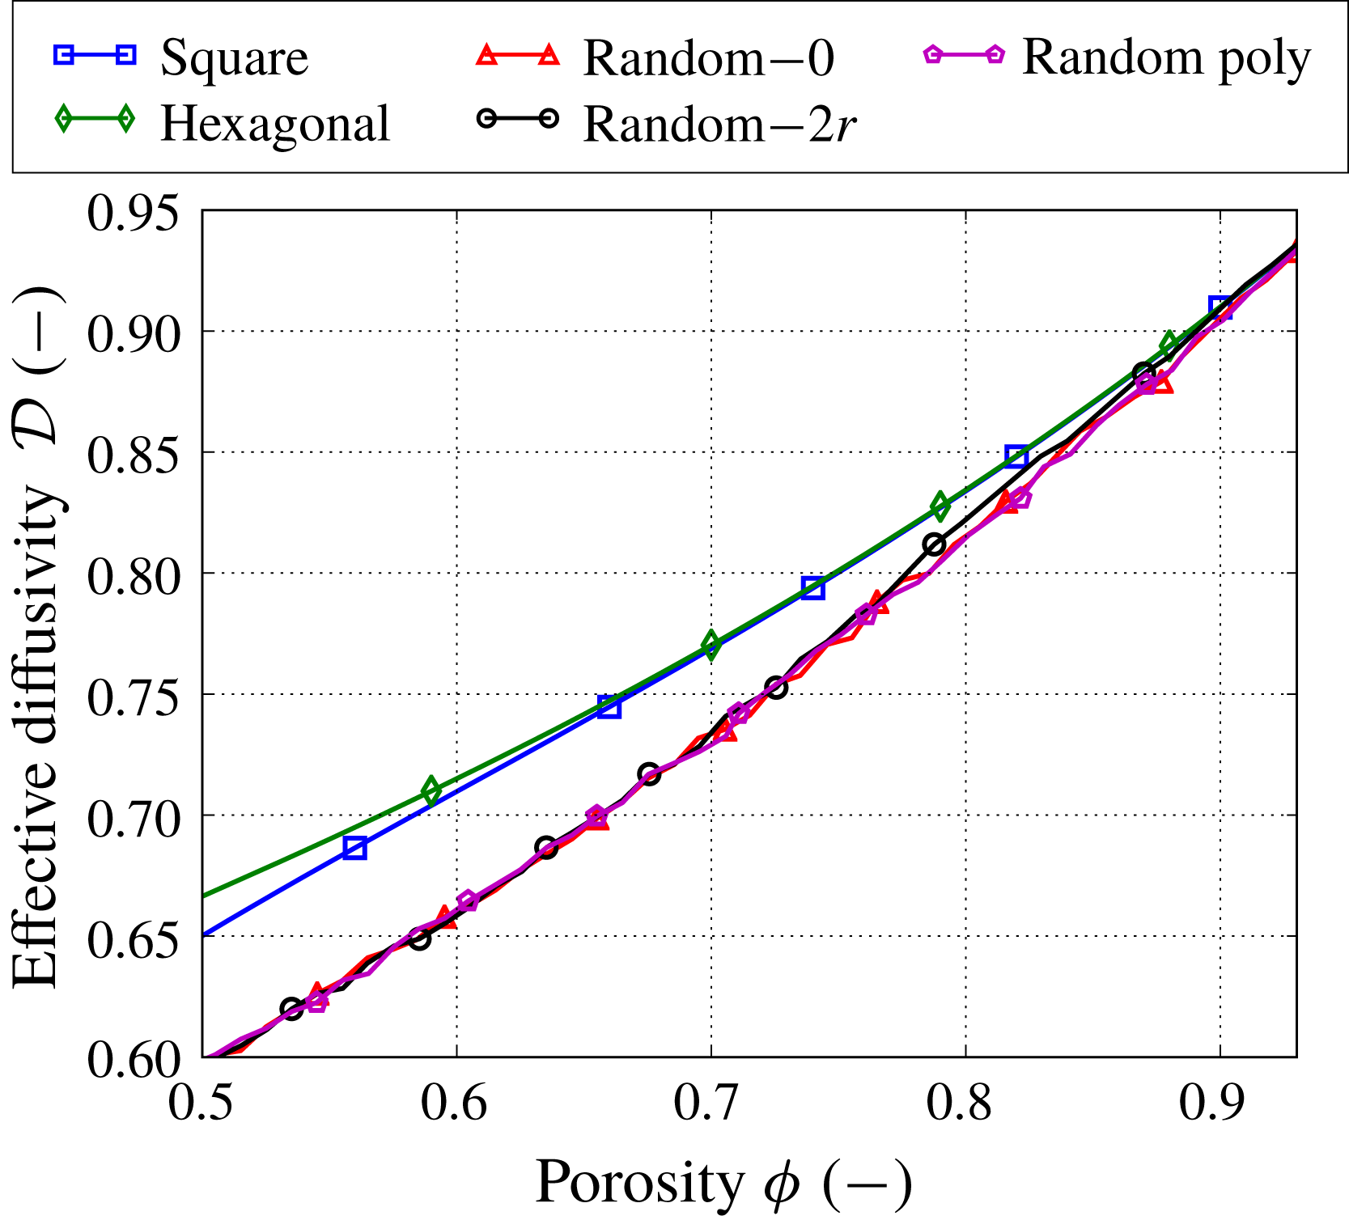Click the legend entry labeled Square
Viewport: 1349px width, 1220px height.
(234, 58)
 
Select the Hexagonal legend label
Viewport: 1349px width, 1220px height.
(275, 124)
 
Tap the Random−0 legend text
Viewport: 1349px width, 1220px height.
(708, 58)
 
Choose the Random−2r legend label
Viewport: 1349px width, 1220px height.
(719, 124)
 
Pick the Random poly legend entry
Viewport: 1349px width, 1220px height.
(1165, 58)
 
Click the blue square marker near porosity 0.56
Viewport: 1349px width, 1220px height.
(354, 848)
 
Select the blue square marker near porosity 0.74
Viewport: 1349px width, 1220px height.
(812, 588)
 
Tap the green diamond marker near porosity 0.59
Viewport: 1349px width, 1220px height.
(431, 791)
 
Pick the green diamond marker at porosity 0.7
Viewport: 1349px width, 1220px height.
(711, 645)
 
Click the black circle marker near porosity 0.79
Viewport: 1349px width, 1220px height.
(935, 544)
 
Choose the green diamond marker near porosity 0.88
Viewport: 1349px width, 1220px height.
(1169, 345)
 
